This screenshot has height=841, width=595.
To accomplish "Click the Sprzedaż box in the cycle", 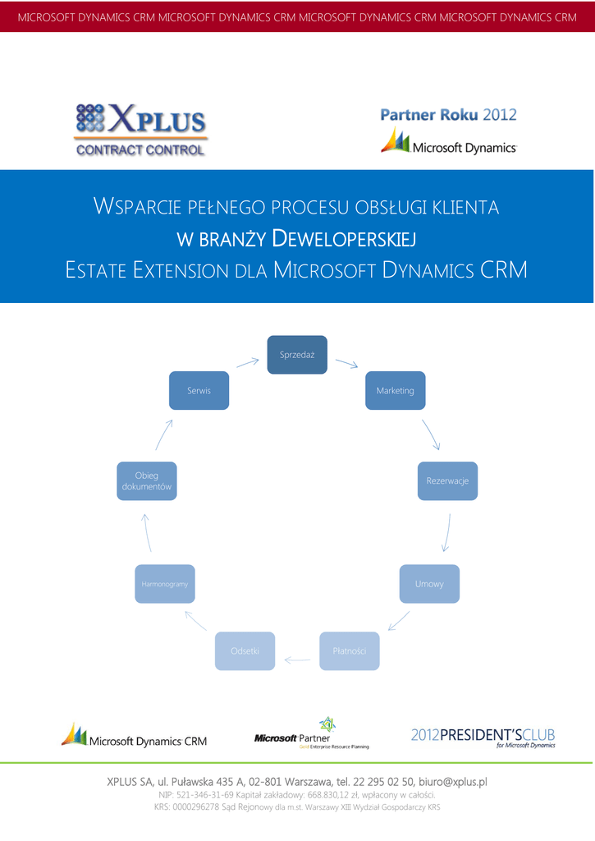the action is pyautogui.click(x=297, y=355).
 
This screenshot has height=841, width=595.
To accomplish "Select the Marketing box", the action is pyautogui.click(x=395, y=390).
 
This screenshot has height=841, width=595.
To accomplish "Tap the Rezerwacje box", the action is pyautogui.click(x=447, y=481).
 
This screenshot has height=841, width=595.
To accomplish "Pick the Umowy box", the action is pyautogui.click(x=429, y=584).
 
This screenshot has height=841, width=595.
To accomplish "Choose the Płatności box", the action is pyautogui.click(x=350, y=650).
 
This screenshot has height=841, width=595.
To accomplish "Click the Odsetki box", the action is pyautogui.click(x=245, y=650).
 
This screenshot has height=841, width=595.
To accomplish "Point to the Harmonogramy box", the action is pyautogui.click(x=165, y=584).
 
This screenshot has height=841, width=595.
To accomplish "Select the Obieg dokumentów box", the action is pyautogui.click(x=147, y=481).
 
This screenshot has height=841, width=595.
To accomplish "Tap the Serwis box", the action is pyautogui.click(x=199, y=390).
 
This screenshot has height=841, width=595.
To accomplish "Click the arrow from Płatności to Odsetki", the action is pyautogui.click(x=297, y=658).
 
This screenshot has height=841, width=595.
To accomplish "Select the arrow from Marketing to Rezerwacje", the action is pyautogui.click(x=431, y=434).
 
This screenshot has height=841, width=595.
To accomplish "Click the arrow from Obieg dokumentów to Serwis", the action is pyautogui.click(x=164, y=434).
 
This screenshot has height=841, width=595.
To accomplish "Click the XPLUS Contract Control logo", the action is pyautogui.click(x=140, y=129).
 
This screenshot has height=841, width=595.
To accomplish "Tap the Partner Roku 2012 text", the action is pyautogui.click(x=448, y=115).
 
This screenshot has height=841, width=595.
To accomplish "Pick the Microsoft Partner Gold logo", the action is pyautogui.click(x=311, y=734).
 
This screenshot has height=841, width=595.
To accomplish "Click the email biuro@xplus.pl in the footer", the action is pyautogui.click(x=453, y=781).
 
